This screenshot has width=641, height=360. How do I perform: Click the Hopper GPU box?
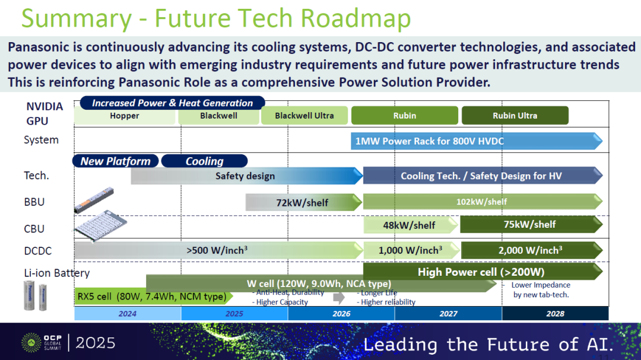tap(125, 116)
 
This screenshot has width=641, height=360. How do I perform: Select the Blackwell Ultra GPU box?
tap(304, 116)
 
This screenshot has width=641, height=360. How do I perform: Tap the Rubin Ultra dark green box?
tap(515, 116)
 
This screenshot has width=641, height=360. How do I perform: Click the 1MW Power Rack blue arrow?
tap(476, 141)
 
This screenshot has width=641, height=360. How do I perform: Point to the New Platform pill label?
tap(116, 161)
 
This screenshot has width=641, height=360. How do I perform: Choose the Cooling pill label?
tap(204, 161)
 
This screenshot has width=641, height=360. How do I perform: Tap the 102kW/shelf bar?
tap(483, 202)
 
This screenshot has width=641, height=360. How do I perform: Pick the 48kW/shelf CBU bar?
tap(411, 225)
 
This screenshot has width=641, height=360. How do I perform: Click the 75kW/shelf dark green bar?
tap(531, 224)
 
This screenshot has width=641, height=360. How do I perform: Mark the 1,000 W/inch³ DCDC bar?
tap(411, 250)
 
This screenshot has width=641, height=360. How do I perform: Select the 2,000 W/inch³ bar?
tap(531, 250)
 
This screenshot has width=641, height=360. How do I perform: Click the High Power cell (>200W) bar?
tap(483, 271)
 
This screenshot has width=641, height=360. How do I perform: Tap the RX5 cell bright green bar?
tap(154, 297)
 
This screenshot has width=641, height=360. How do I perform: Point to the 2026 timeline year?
tap(341, 313)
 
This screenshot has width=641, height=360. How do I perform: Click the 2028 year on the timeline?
tap(555, 313)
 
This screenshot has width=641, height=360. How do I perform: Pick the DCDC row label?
tap(38, 250)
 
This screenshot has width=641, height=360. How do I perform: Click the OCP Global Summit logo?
tap(42, 342)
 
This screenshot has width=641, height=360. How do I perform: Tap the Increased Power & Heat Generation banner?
tap(172, 103)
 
